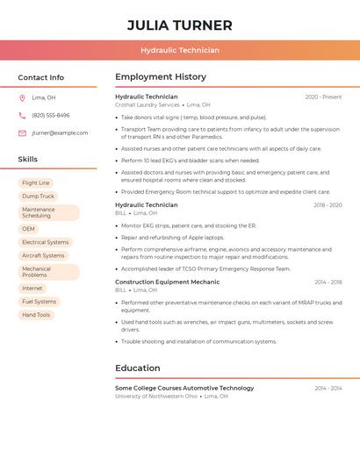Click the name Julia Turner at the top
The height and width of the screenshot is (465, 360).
pos(180,25)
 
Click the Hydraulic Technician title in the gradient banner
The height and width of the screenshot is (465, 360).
pos(180,51)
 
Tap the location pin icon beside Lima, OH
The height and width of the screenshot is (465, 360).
pos(22,97)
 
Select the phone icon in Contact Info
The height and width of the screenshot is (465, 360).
pos(22,115)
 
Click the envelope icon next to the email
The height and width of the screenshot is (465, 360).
pos(22,133)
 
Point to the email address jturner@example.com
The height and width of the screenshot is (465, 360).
pos(60,133)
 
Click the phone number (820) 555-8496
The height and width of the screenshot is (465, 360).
pos(51,115)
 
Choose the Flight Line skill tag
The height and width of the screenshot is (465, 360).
pos(36,183)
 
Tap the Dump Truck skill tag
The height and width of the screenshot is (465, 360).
pos(38,197)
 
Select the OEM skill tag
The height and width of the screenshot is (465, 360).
pos(29,229)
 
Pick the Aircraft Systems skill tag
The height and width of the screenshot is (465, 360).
pos(43,255)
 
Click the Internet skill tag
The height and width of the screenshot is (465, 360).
pos(32,288)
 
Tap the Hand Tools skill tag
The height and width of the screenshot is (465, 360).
pos(36,314)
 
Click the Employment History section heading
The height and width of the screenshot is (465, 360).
pos(161,77)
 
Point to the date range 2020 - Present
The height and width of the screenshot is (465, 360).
pos(323,97)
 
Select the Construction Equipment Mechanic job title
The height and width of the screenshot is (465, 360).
pos(167,283)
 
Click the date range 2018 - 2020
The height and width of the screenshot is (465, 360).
pos(328,205)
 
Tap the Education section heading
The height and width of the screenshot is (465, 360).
pos(138,368)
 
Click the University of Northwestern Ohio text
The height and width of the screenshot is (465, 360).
pos(156,396)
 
